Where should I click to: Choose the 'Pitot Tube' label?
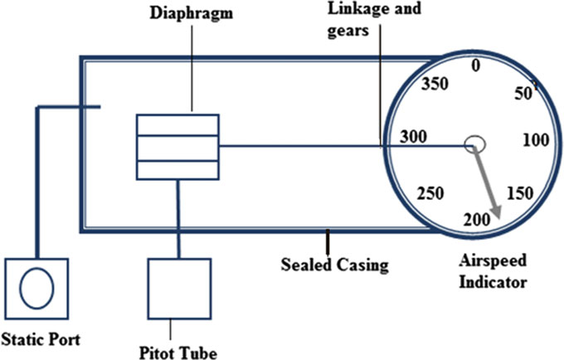178,353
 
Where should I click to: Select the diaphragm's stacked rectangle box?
178,146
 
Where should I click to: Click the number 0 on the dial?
475,66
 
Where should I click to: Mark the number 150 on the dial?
519,193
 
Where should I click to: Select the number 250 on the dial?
430,193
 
